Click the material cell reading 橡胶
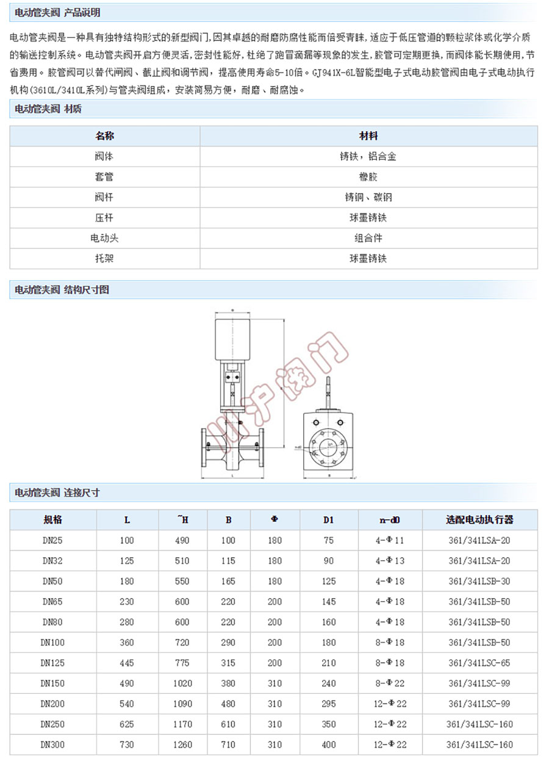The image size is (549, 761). (368, 177)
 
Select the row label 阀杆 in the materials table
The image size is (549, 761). (105, 198)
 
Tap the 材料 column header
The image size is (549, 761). (368, 135)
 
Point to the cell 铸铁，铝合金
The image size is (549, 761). (368, 156)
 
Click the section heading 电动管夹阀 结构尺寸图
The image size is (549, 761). (62, 290)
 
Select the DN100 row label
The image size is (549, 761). (53, 643)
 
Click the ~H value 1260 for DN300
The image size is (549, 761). (182, 745)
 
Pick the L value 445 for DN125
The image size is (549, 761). (127, 663)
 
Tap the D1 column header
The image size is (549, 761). (329, 520)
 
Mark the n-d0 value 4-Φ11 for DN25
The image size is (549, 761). (390, 541)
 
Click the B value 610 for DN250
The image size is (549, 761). (228, 724)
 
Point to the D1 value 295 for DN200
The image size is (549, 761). (329, 704)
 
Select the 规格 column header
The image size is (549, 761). (53, 520)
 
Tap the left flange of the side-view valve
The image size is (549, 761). (205, 452)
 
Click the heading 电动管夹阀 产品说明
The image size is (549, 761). (57, 13)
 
